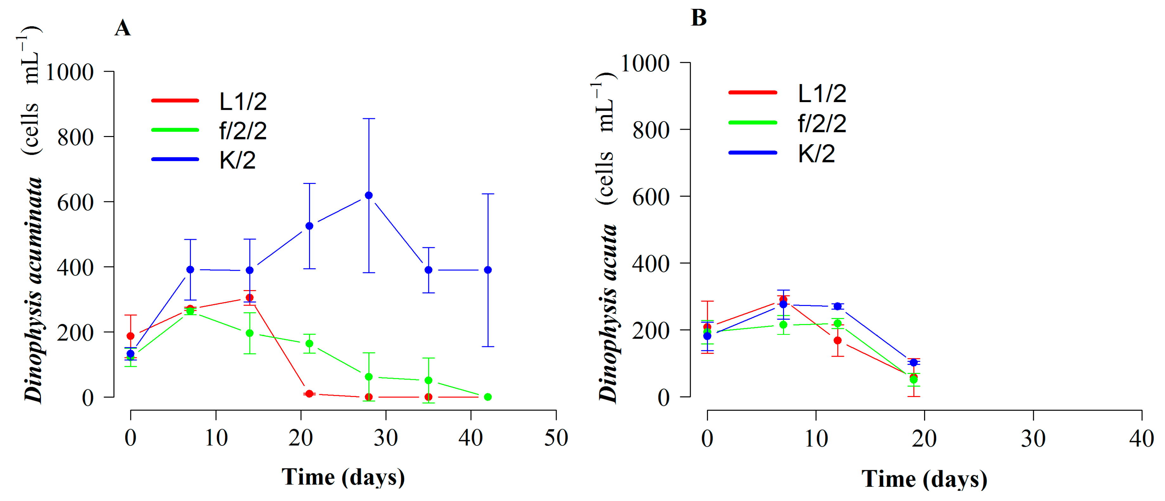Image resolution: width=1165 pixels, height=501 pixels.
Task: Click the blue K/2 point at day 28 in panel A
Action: [369, 195]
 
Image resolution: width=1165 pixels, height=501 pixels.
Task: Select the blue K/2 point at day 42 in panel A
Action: [488, 270]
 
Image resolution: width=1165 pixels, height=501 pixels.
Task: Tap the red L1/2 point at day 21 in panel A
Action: [309, 394]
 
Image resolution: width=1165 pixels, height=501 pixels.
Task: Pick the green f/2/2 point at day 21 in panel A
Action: [309, 344]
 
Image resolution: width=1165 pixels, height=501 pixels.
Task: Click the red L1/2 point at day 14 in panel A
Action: [250, 297]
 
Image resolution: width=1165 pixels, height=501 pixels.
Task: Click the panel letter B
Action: [699, 18]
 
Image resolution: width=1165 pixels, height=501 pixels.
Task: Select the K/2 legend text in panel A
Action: [237, 160]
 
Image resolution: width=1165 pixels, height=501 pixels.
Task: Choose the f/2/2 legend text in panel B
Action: [822, 123]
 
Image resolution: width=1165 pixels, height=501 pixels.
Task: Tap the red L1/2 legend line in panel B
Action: [753, 92]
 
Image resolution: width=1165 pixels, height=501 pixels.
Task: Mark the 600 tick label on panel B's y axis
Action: [650, 198]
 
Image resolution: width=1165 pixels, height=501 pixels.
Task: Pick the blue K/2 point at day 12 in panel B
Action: [838, 306]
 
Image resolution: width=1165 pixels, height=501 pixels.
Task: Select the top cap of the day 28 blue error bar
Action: [369, 119]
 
